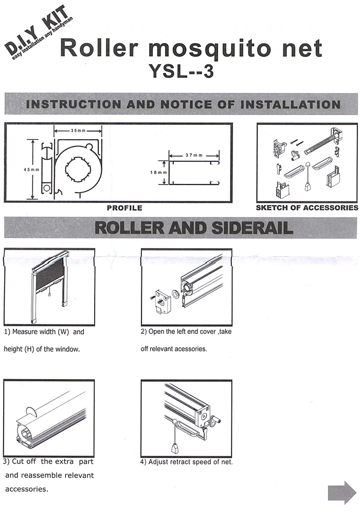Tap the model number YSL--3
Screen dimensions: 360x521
[x=182, y=71]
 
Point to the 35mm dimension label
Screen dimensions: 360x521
[x=78, y=131]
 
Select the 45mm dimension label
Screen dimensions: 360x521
[x=31, y=170]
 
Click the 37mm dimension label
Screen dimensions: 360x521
[x=194, y=155]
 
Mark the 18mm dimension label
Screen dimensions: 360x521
[x=158, y=173]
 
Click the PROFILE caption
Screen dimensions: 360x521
[x=124, y=208]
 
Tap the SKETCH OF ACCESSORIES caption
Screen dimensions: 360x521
[x=307, y=208]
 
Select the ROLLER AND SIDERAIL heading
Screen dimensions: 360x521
[x=194, y=228]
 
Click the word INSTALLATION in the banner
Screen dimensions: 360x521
[x=291, y=104]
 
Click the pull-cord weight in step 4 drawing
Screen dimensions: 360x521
[x=175, y=449]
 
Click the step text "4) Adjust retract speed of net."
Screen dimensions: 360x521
[x=186, y=462]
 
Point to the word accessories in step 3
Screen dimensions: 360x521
[x=26, y=489]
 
